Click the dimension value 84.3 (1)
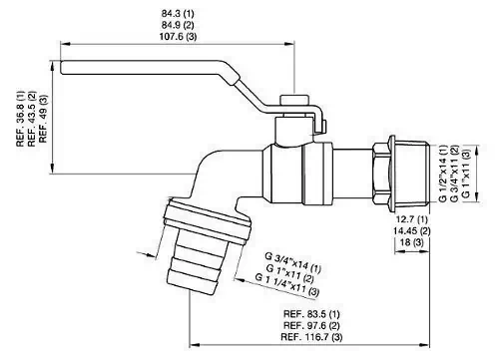pyautogui.click(x=178, y=14)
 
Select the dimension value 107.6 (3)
pyautogui.click(x=178, y=36)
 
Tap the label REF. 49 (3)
pyautogui.click(x=44, y=119)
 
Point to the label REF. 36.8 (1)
pyautogui.click(x=21, y=118)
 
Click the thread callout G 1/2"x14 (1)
pyautogui.click(x=442, y=174)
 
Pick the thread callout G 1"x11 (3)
pyautogui.click(x=466, y=174)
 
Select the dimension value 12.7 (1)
pyautogui.click(x=412, y=219)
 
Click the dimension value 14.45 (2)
pyautogui.click(x=412, y=230)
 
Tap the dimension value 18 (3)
pyautogui.click(x=412, y=242)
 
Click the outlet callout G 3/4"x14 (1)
pyautogui.click(x=293, y=262)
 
